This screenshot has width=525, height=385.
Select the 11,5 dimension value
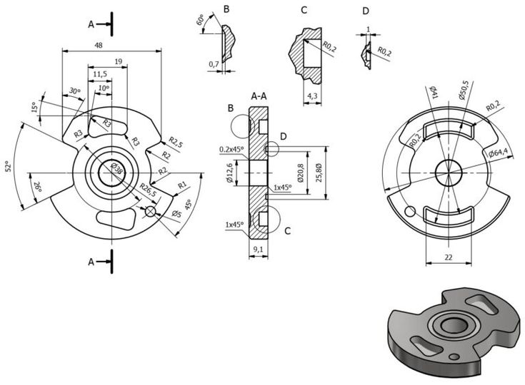point(100,73)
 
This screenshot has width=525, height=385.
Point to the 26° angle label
point(36,188)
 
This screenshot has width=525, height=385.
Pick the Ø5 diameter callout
point(176,215)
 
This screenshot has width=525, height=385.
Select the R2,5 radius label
point(175,145)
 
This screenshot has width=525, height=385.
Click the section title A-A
point(259,96)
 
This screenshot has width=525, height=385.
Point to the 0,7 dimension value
point(213,65)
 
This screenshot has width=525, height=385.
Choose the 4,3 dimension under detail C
point(311,95)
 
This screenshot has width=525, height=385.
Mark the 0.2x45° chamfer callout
point(231,150)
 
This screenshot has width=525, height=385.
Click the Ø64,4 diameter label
point(499,153)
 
